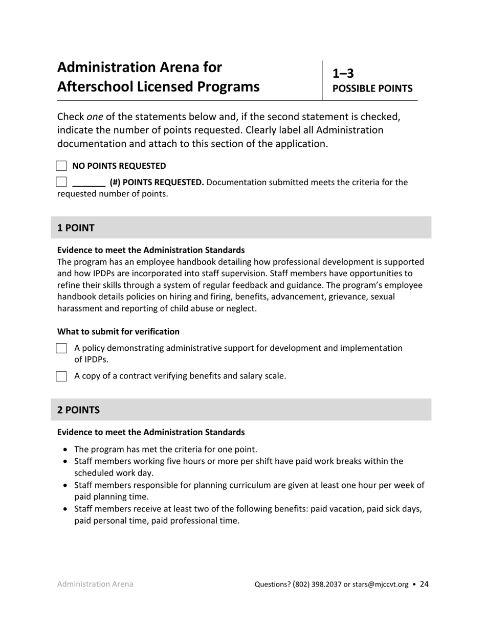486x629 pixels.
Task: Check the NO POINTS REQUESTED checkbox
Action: click(x=61, y=166)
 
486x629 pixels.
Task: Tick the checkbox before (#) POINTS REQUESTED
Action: click(x=61, y=182)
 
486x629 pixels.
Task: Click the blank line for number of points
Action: click(x=89, y=183)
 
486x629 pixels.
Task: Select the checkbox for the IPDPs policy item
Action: click(x=61, y=348)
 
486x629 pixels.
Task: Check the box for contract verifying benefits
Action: click(x=61, y=376)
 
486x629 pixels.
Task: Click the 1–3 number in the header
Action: click(x=343, y=74)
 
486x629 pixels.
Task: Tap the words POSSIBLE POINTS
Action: click(x=372, y=88)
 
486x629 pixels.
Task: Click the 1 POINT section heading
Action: click(x=76, y=228)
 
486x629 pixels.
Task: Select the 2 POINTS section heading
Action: click(x=78, y=410)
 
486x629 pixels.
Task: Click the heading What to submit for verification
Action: click(x=118, y=331)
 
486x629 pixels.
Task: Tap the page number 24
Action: click(x=424, y=584)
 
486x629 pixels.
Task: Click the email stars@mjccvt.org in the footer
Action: click(x=380, y=585)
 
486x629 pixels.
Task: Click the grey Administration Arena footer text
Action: click(x=95, y=584)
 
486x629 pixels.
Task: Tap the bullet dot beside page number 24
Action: click(x=414, y=585)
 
